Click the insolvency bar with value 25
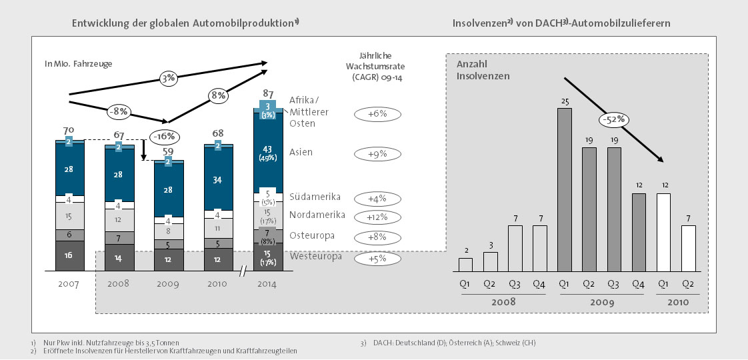pyautogui.click(x=564, y=189)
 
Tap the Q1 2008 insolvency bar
pyautogui.click(x=465, y=264)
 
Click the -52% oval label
pyautogui.click(x=615, y=120)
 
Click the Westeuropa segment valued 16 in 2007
pyautogui.click(x=69, y=256)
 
